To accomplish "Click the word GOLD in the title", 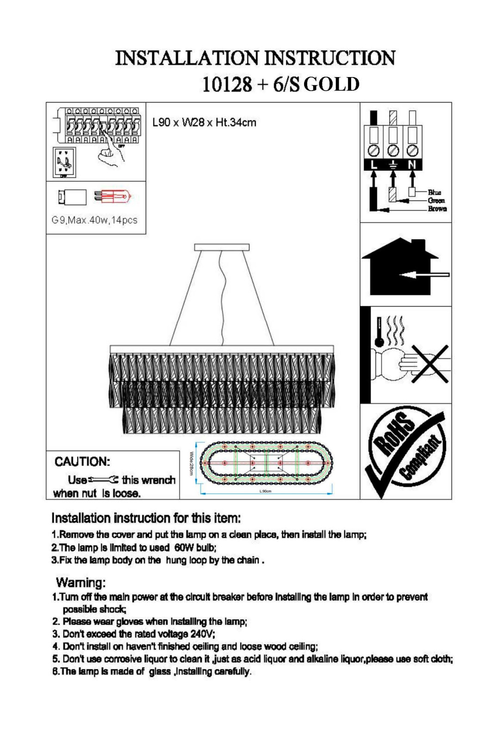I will pos(332,84).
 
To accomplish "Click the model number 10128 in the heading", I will pos(227,84).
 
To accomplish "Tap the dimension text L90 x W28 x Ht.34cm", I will pos(204,122).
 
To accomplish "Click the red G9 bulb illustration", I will pos(113,197).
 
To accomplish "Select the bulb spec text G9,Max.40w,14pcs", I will pos(95,220).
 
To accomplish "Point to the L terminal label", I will pos(374,165).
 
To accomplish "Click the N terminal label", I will pos(412,165).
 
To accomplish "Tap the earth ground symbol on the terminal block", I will pos(393,165).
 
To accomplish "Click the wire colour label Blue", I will pos(434,192).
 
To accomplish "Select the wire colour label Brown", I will pos(437,209).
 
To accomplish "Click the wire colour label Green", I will pos(436,200).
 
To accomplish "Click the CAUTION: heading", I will pos(82,461).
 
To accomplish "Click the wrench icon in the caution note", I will pos(103,479).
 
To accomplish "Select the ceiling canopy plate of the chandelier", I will pos(222,247).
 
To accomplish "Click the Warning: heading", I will pos(81,582).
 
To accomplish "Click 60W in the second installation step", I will pos(184,548).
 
